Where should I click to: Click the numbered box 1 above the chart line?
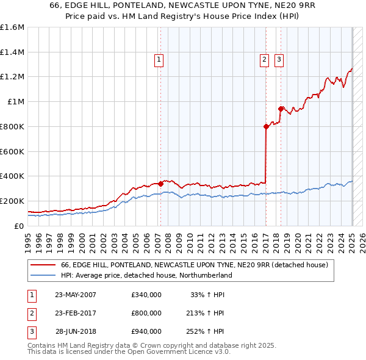point(159,60)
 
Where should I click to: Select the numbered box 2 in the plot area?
point(264,60)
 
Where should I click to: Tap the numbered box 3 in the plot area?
point(279,60)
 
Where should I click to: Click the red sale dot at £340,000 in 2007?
point(160,183)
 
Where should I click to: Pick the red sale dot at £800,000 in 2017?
point(267,126)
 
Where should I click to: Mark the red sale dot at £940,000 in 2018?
point(281,109)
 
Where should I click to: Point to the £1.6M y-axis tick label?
point(12,27)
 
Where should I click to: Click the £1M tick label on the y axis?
point(16,102)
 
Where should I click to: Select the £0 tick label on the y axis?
point(20,226)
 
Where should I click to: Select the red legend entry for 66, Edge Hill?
point(195,265)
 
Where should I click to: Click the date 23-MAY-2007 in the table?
point(76,295)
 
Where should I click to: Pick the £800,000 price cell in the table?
point(146,313)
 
